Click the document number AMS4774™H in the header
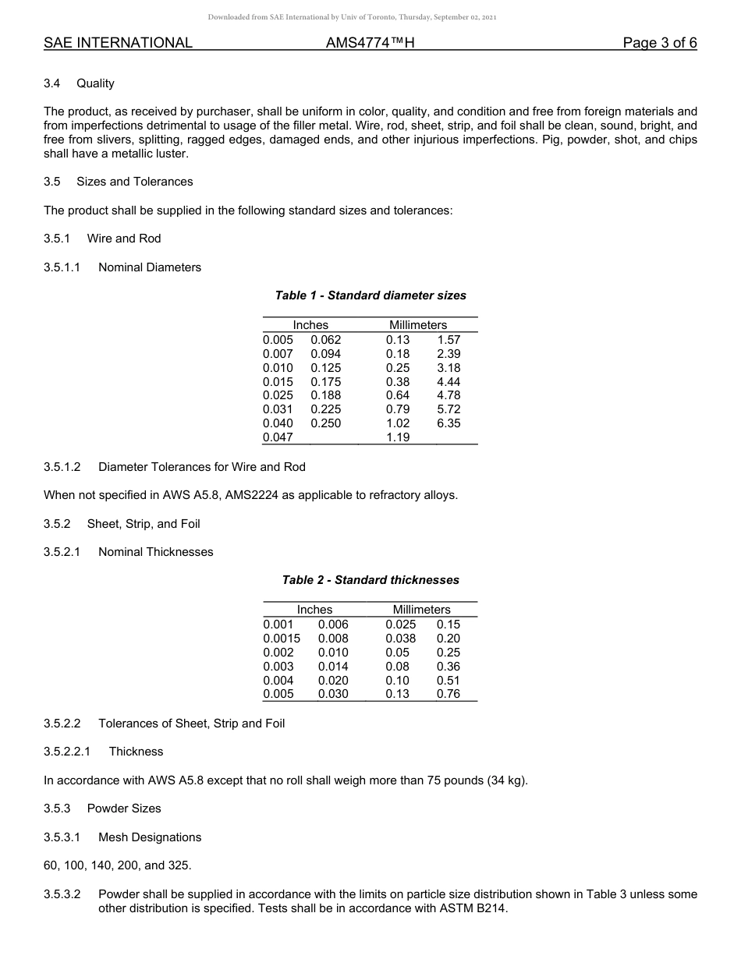coord(370,43)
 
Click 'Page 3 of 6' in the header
coord(659,43)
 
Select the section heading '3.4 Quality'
coord(79,83)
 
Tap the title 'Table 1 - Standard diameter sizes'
coord(370,295)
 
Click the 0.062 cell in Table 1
coord(325,340)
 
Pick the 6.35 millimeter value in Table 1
coord(448,423)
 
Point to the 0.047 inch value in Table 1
coord(278,437)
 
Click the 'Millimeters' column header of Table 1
coord(418,325)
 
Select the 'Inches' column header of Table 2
coord(314,610)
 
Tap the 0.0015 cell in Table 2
coord(282,639)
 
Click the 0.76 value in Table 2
coord(448,694)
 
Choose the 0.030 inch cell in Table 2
coord(333,694)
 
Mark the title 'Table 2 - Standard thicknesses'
coord(370,580)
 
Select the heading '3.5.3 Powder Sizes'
coord(102,809)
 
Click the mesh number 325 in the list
coord(179,865)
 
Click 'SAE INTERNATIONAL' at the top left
coord(118,43)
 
